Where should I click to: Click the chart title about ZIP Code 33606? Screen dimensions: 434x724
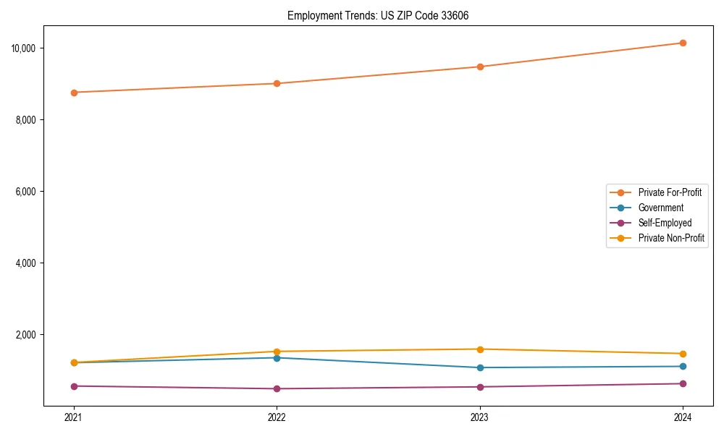pyautogui.click(x=378, y=15)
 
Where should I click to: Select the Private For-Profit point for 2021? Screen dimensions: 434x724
pyautogui.click(x=74, y=93)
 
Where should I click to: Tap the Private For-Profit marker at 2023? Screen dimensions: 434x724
pyautogui.click(x=480, y=67)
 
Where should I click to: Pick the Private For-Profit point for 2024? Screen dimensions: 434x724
pyautogui.click(x=683, y=43)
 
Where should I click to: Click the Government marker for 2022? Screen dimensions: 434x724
pyautogui.click(x=277, y=358)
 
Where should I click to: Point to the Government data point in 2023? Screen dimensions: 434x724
pyautogui.click(x=480, y=367)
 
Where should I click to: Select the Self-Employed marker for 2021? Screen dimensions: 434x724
pyautogui.click(x=74, y=386)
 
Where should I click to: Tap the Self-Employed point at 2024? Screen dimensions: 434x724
pyautogui.click(x=683, y=383)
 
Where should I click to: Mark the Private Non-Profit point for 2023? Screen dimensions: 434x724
pyautogui.click(x=480, y=349)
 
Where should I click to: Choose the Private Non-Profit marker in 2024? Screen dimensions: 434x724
pyautogui.click(x=683, y=354)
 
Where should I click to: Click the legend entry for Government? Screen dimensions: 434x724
pyautogui.click(x=660, y=208)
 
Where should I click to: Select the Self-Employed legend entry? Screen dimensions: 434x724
pyautogui.click(x=665, y=223)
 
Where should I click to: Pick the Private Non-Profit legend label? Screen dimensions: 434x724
pyautogui.click(x=671, y=238)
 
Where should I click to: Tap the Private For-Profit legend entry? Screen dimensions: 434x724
pyautogui.click(x=669, y=192)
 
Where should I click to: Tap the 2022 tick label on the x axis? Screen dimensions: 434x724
pyautogui.click(x=277, y=417)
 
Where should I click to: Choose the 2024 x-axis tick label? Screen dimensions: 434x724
pyautogui.click(x=683, y=417)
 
